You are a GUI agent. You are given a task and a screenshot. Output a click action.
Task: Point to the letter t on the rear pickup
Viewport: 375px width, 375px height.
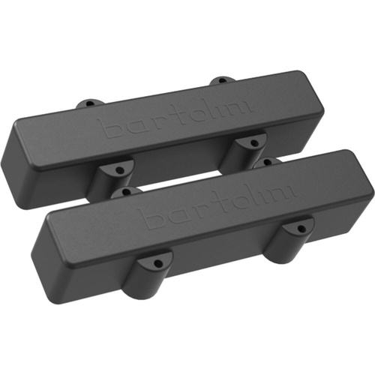(172, 118)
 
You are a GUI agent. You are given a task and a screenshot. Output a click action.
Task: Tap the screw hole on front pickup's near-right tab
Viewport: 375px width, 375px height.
(301, 226)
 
